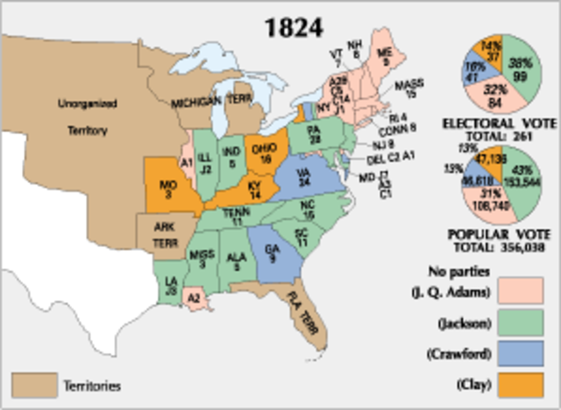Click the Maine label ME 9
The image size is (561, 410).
coord(383,54)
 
